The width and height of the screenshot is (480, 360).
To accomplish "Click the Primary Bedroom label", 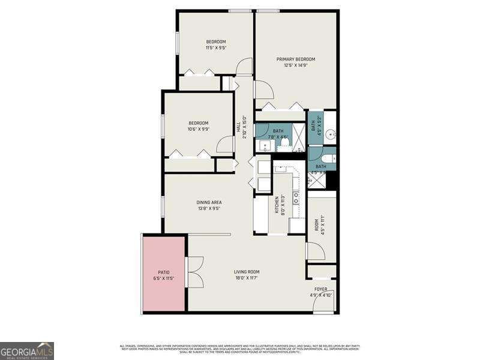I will tap(296, 59).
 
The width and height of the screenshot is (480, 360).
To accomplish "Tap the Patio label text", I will tap(163, 272).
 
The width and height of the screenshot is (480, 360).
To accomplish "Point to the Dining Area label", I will tap(209, 202).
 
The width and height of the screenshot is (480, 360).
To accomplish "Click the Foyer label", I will tap(321, 289).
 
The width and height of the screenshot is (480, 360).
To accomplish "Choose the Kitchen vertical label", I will tap(277, 205).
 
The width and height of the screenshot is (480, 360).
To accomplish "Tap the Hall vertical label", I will tap(238, 127).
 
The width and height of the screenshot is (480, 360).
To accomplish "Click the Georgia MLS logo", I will tap(27, 350).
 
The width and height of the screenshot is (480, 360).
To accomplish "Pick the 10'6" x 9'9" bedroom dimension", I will tap(198, 130).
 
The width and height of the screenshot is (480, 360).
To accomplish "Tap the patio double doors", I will tap(195, 272).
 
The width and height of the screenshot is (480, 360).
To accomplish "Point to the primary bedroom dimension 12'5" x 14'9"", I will tap(296, 65).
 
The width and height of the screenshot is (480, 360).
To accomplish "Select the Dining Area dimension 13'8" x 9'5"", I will tap(209, 209).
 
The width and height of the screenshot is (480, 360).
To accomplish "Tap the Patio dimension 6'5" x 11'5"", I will tap(163, 279).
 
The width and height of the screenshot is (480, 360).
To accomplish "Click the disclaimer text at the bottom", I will tap(239, 347).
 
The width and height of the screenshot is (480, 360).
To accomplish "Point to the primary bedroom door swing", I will tap(263, 90).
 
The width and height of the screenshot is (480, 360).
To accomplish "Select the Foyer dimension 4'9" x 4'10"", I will tap(321, 295).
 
